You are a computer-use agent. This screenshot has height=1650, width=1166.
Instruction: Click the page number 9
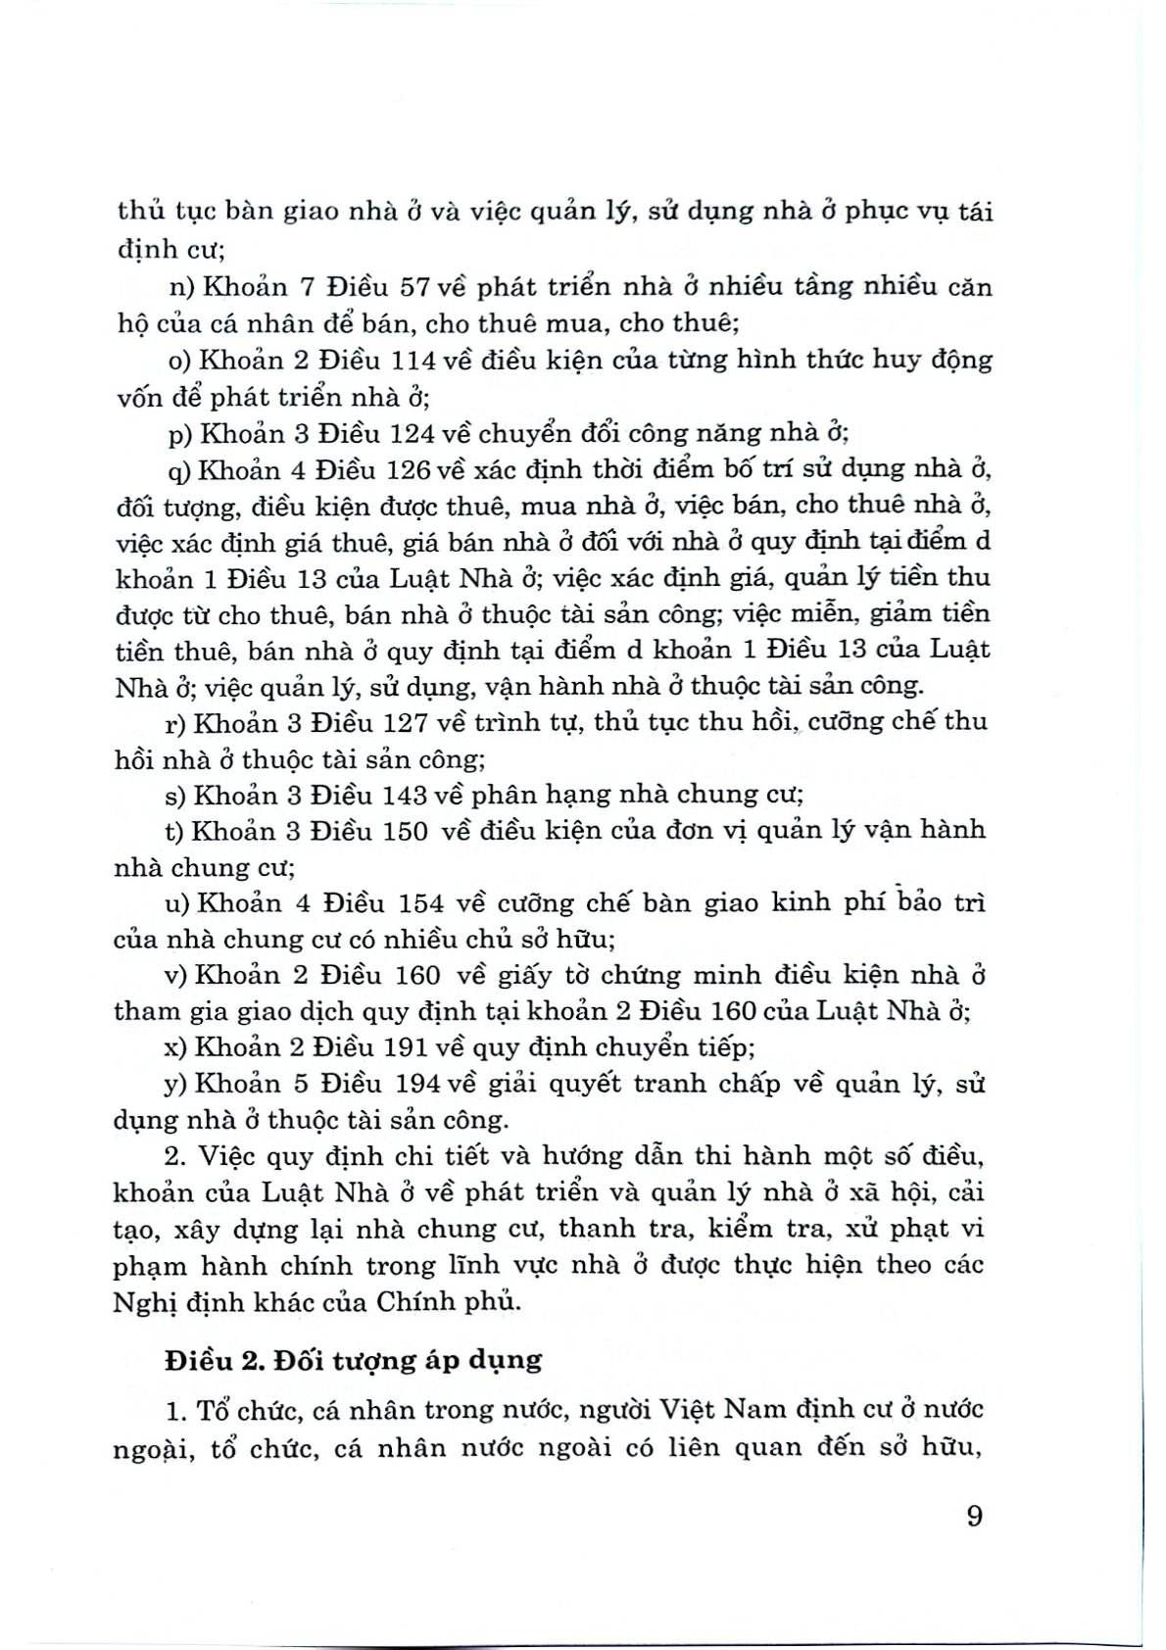pos(973,1516)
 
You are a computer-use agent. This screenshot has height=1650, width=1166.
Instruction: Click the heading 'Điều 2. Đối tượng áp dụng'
pos(353,1361)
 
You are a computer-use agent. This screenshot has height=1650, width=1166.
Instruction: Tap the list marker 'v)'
pos(178,975)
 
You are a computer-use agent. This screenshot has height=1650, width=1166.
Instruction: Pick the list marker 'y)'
pos(178,1085)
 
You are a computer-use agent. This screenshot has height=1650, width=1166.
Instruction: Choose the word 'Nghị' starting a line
pos(146,1302)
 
